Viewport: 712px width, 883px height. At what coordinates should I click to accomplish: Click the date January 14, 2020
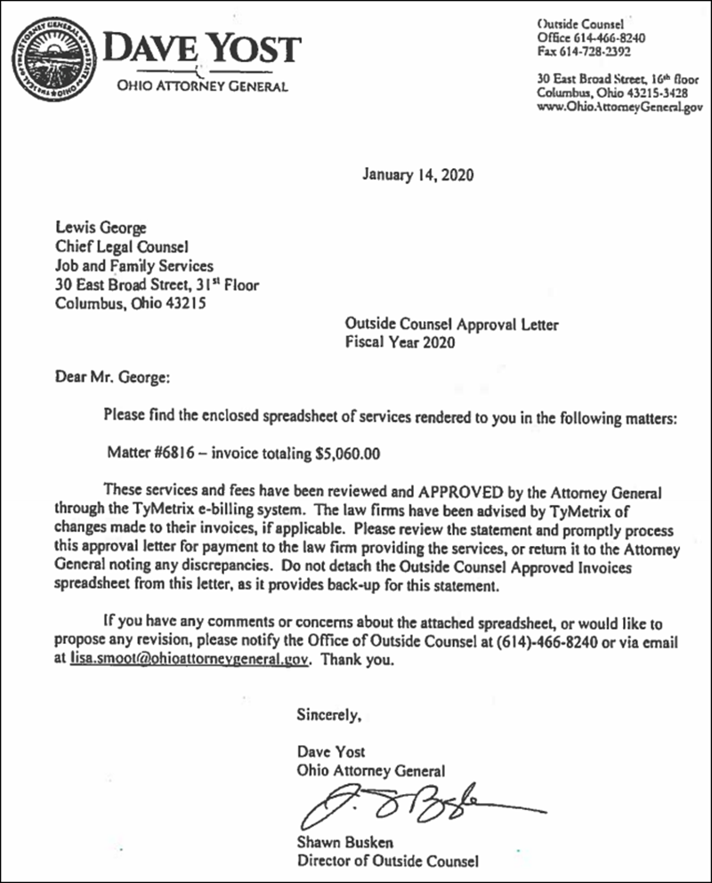(x=418, y=174)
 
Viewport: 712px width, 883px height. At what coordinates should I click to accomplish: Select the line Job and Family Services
(x=134, y=265)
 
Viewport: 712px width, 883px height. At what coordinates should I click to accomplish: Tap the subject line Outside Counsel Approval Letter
(x=452, y=325)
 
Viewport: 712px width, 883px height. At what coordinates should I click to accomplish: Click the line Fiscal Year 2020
(x=400, y=343)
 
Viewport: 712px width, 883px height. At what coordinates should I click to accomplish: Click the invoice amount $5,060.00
(x=348, y=454)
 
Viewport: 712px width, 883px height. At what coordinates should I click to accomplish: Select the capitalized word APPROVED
(x=441, y=492)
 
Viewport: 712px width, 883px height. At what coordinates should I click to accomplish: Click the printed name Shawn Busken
(x=344, y=843)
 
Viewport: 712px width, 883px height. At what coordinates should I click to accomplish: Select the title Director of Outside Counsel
(x=388, y=861)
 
